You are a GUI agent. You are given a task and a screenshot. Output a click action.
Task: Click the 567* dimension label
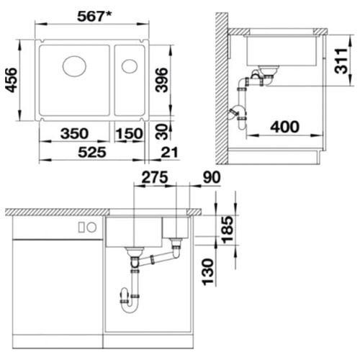[x=94, y=17]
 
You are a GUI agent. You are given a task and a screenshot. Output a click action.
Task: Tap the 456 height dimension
[x=12, y=80]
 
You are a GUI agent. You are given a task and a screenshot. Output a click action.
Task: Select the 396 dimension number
[x=161, y=80]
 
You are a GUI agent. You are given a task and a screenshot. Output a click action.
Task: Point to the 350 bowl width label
[x=74, y=133]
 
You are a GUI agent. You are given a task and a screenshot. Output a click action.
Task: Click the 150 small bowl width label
[x=129, y=133]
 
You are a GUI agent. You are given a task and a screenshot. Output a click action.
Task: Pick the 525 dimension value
[x=92, y=152]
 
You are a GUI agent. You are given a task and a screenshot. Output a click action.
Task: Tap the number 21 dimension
[x=170, y=152]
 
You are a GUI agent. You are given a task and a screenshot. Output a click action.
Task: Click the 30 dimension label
[x=161, y=132]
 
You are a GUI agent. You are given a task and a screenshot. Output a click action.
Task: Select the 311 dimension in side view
[x=341, y=61]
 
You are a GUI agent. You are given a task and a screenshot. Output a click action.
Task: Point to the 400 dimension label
[x=285, y=127]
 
